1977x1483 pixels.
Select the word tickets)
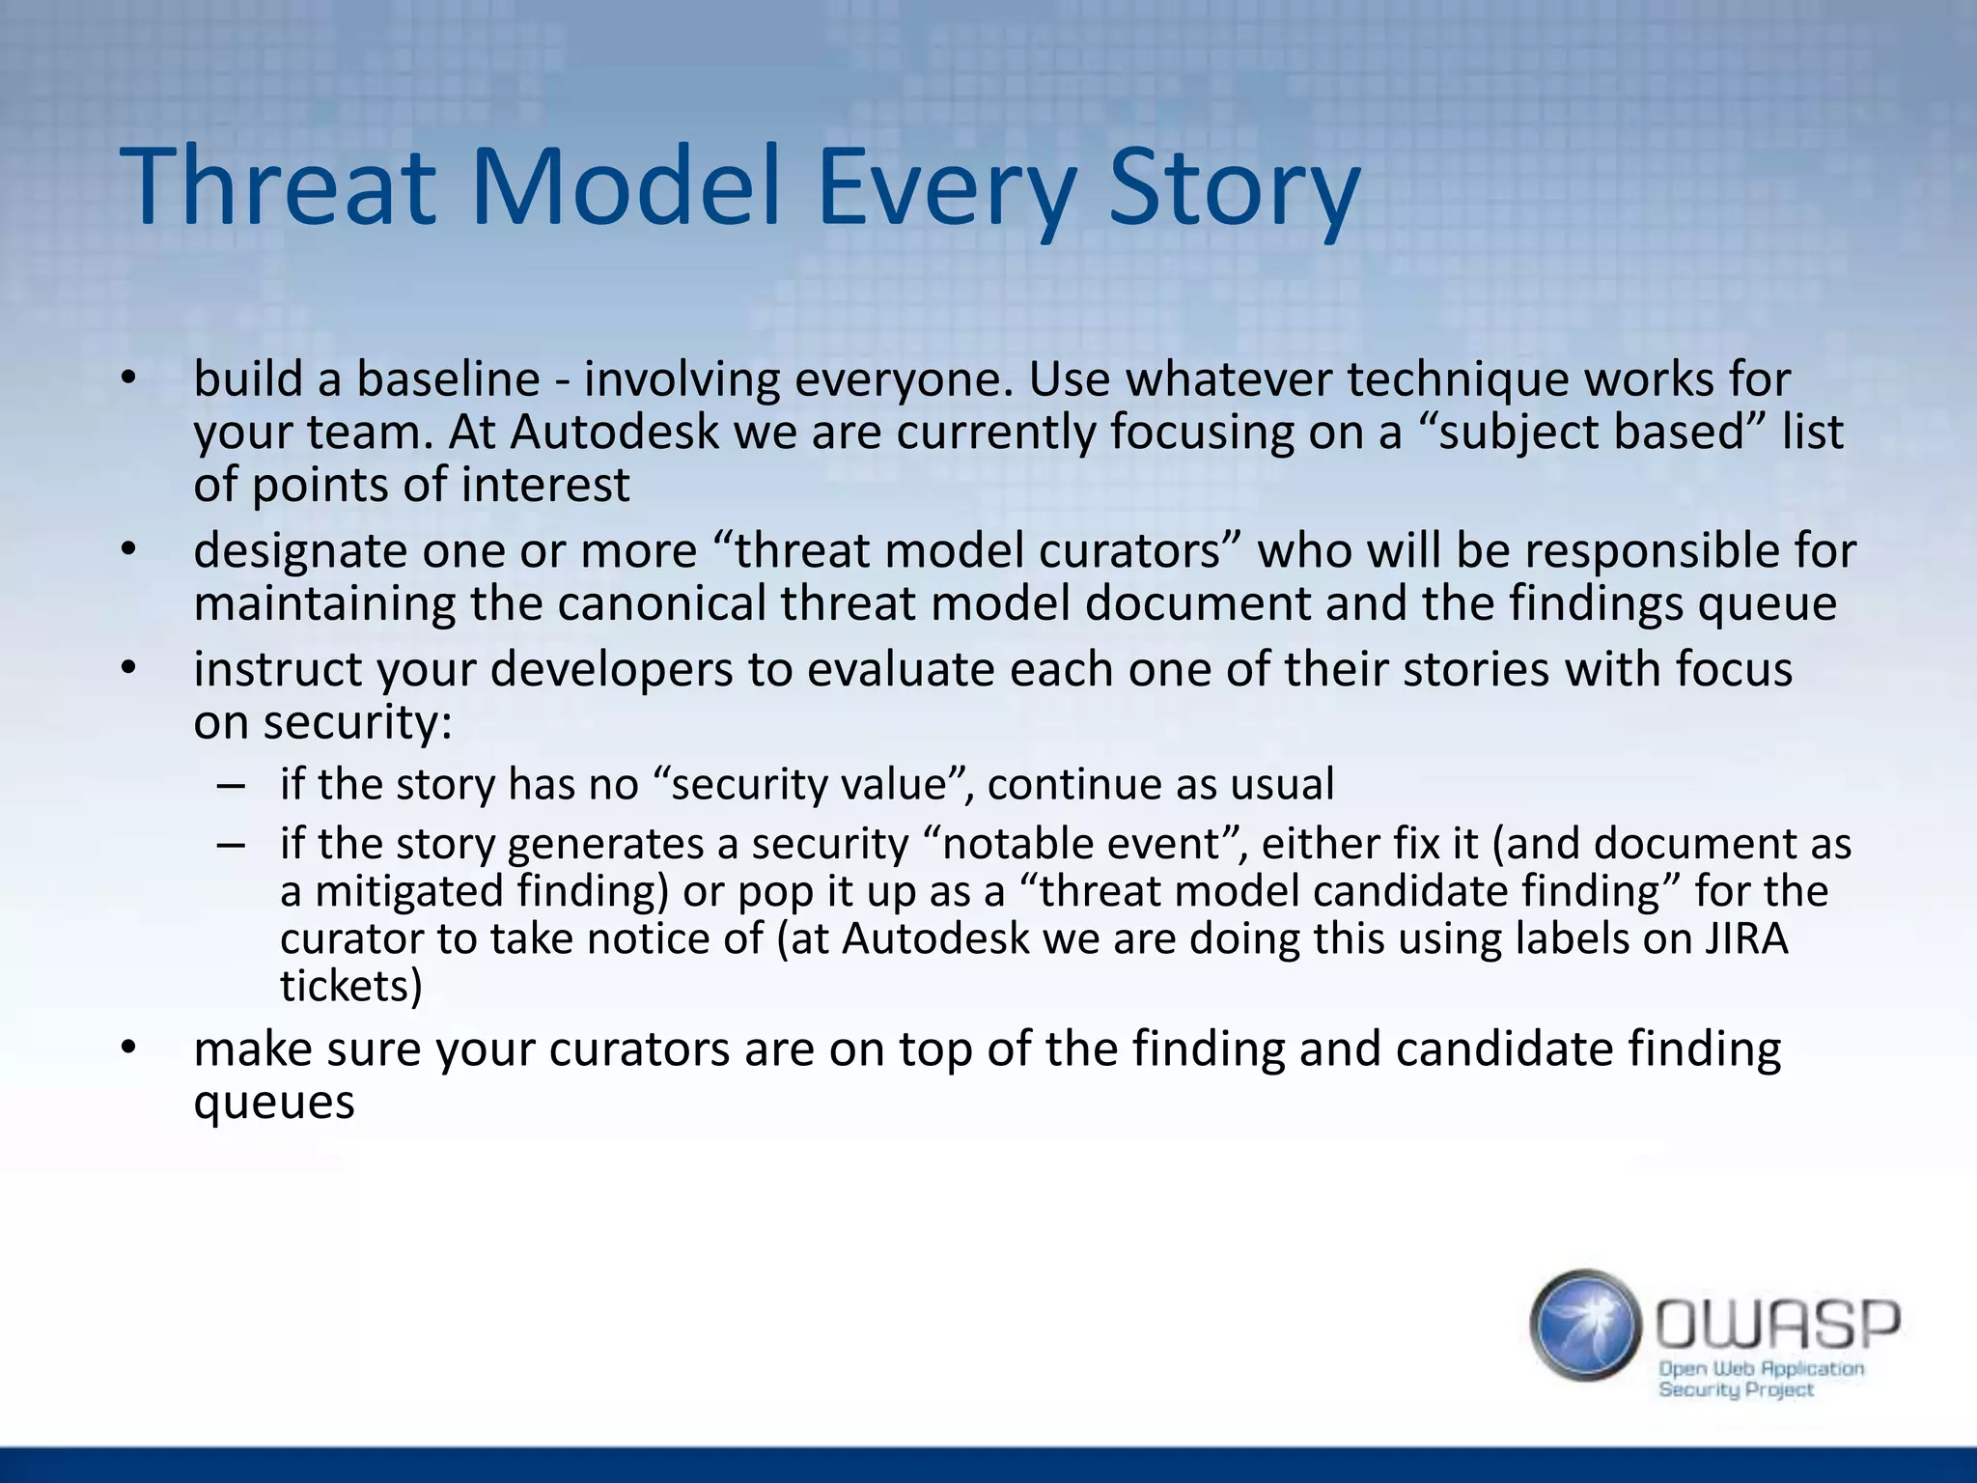point(351,986)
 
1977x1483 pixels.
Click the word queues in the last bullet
point(274,1102)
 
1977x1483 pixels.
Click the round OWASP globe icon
point(1585,1325)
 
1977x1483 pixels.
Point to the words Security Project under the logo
point(1736,1389)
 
